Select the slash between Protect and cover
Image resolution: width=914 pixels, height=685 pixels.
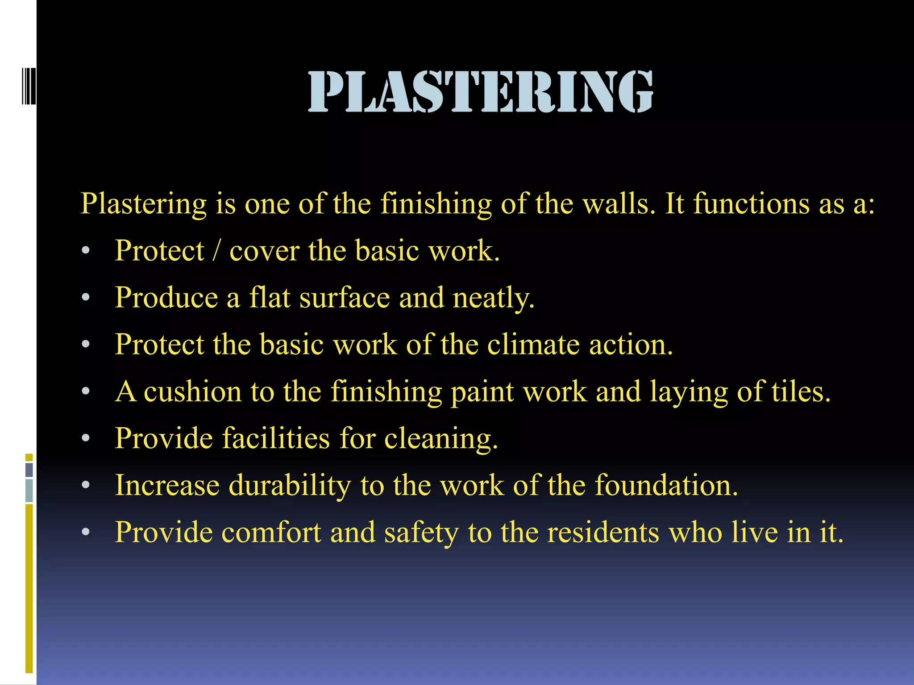[216, 251]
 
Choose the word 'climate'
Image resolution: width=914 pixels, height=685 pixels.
[533, 345]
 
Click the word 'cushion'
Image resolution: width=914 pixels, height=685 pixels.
[193, 392]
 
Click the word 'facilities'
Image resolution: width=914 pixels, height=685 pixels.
[276, 438]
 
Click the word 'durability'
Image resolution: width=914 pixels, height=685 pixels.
[290, 486]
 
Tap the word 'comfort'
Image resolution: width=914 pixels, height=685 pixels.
[271, 532]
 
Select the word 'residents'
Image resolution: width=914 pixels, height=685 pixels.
[602, 532]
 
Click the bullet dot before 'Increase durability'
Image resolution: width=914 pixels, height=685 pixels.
[86, 485]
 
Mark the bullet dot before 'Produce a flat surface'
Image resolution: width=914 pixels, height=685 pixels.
[86, 297]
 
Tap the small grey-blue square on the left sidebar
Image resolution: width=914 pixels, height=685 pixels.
[29, 470]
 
